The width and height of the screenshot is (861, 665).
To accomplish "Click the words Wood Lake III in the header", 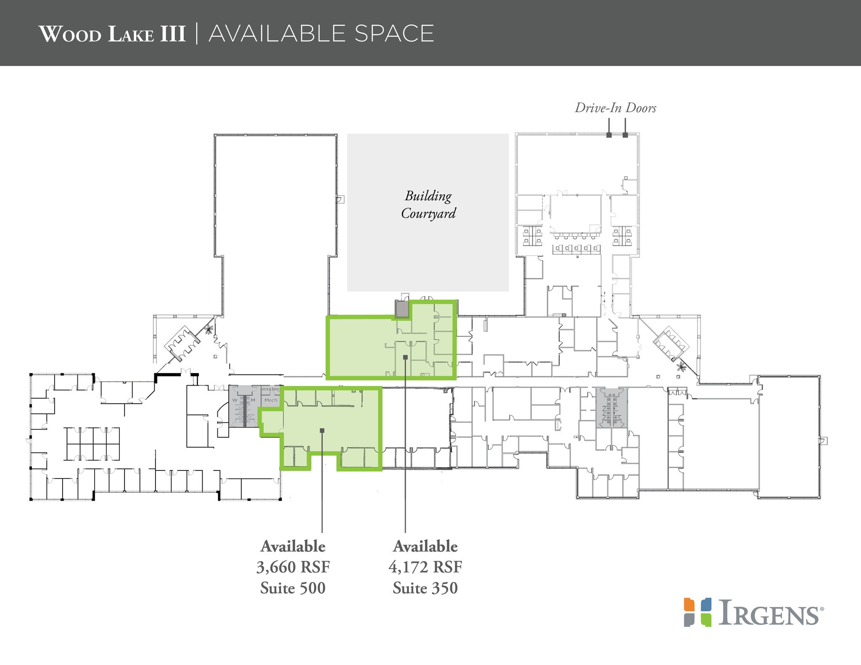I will (x=112, y=34).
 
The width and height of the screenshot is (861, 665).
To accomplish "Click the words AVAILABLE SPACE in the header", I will (x=321, y=34).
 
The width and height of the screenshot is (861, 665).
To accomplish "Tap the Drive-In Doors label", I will (x=615, y=108).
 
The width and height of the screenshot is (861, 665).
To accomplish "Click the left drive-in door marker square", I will (x=609, y=135).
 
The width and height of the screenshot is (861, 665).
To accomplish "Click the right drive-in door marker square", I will (x=625, y=135).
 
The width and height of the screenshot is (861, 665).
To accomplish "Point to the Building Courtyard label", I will (x=428, y=205).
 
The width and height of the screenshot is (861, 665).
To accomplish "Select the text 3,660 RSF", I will (x=293, y=567).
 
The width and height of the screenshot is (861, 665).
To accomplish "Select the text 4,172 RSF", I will (x=425, y=567).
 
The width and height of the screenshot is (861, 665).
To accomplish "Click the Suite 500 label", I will (x=293, y=588).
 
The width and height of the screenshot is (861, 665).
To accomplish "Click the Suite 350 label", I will (x=425, y=588).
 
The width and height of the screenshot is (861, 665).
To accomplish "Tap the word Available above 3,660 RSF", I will (x=293, y=547).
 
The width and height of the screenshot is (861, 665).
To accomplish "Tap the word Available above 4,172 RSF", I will (x=425, y=547).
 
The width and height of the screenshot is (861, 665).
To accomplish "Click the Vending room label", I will (x=270, y=389).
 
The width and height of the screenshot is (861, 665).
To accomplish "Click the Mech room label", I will (x=271, y=400).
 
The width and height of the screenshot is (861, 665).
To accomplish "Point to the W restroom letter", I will (x=235, y=400).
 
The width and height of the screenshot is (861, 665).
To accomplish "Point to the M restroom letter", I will (x=253, y=400).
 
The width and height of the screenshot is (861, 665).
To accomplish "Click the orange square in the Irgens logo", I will (x=689, y=604).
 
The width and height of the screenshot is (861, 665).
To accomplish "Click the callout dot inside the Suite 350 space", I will (x=405, y=357).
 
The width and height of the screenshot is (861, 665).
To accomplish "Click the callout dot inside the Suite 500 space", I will (x=322, y=430).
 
